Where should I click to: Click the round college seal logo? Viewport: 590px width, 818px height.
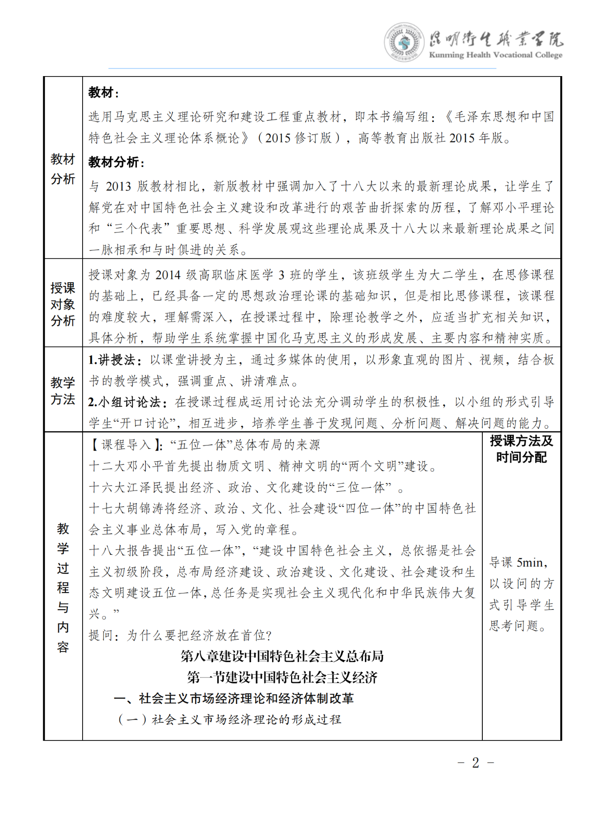coord(403,42)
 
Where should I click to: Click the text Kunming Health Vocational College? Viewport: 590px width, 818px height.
coord(495,55)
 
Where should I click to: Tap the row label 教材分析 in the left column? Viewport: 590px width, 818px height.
coord(63,169)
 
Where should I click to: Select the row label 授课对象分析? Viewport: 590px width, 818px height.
coord(63,304)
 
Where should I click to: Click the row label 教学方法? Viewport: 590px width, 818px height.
coord(63,391)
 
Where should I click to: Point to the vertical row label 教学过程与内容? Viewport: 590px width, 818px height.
coord(63,587)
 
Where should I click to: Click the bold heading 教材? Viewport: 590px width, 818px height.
coord(104,93)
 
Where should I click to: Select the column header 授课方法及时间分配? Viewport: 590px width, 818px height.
coord(521,449)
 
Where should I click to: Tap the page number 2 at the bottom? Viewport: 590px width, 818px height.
coord(475,763)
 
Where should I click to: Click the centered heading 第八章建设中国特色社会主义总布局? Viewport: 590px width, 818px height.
coord(282,656)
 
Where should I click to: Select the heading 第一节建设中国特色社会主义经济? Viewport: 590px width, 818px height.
coord(282,677)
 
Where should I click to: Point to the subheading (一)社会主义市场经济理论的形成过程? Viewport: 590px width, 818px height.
coord(230,720)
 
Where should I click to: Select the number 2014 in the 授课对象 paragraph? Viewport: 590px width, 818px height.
coord(168,275)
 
